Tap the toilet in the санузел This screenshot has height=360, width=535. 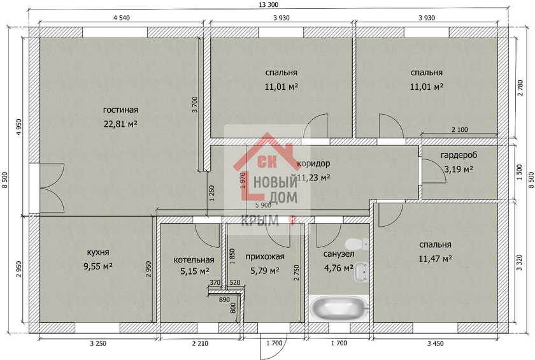[356, 244]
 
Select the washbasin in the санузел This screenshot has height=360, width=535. [361, 272]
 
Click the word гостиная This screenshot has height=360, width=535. [120, 110]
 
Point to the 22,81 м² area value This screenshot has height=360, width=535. [120, 124]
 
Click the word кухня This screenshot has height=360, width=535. [98, 252]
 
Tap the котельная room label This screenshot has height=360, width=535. [194, 260]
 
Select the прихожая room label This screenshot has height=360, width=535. [265, 257]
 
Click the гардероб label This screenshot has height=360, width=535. [459, 155]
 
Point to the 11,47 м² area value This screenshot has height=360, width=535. [436, 259]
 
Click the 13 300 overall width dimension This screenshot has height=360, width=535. [269, 4]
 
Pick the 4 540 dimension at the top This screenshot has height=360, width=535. [122, 18]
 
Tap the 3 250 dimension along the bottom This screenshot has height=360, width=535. [98, 343]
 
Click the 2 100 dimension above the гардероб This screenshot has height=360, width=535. [460, 130]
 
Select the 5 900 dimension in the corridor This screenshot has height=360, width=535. [264, 205]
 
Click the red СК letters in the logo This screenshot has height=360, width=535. [267, 162]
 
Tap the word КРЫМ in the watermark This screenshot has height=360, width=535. [260, 221]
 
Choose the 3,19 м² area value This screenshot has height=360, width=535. [459, 169]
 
